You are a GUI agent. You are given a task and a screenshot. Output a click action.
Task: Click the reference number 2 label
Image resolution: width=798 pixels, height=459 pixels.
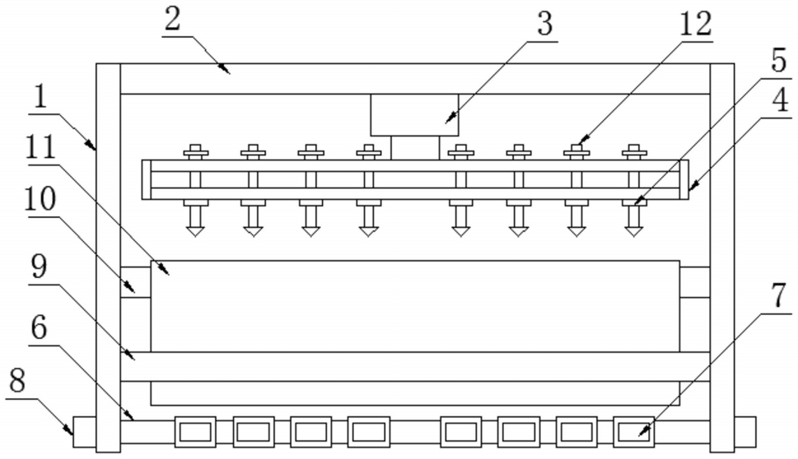click(173, 21)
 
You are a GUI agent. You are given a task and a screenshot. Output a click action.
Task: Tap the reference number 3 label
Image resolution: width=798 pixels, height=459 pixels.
click(545, 24)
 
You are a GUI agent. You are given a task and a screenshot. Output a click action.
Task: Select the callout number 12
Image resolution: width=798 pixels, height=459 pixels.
click(696, 23)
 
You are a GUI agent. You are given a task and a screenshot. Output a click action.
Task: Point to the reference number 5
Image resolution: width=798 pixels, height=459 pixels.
click(780, 61)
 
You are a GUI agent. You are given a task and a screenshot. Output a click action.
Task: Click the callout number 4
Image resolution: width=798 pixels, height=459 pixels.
click(781, 100)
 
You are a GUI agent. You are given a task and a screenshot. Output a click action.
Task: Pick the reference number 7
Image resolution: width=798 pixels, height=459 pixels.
click(780, 295)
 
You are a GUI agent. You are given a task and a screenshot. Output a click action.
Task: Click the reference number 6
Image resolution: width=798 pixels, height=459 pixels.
click(40, 327)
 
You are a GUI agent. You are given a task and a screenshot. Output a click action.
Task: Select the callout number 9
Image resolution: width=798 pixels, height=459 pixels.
click(39, 267)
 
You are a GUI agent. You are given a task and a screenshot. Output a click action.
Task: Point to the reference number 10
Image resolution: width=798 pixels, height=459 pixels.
click(40, 199)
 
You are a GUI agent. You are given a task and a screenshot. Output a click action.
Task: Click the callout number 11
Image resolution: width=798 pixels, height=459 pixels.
click(40, 148)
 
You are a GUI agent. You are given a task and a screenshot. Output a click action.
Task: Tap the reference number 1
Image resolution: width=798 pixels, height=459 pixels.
click(40, 96)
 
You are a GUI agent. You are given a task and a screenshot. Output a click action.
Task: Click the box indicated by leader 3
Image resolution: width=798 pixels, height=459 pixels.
click(414, 115)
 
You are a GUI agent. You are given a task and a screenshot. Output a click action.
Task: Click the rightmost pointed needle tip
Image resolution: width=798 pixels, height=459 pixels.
click(633, 236)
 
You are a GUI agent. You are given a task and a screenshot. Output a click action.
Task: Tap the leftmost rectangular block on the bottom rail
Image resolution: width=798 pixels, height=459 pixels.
click(195, 433)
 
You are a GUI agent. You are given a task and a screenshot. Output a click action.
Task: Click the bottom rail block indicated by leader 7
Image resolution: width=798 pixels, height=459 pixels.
click(633, 433)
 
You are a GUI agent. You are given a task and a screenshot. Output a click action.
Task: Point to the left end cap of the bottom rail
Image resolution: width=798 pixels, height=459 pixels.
click(85, 432)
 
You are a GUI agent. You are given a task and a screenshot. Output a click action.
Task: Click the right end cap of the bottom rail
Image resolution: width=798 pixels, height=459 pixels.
click(745, 432)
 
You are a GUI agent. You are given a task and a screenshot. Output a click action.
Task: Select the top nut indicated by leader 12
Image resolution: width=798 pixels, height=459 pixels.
click(576, 150)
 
